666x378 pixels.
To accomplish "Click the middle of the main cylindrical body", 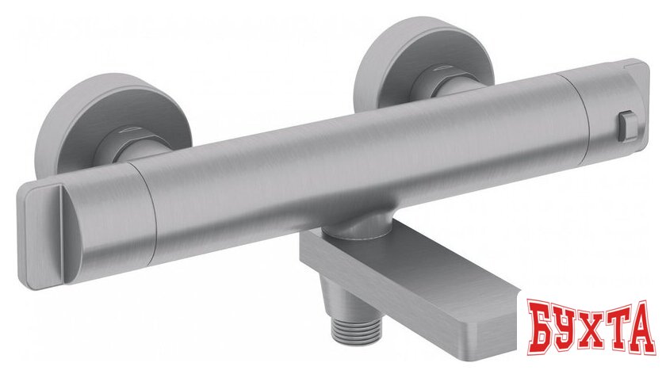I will pyautogui.click(x=357, y=166).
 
